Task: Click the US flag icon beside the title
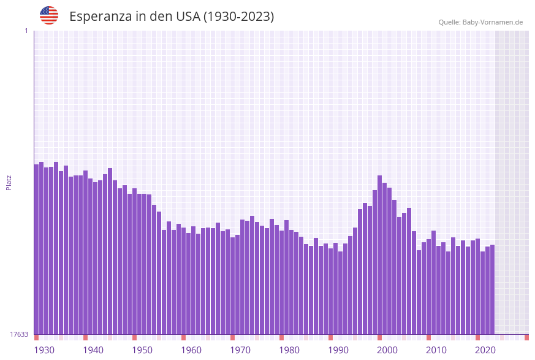[x=49, y=15]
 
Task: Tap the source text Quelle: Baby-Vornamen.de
[x=480, y=22]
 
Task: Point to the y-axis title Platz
[x=9, y=182]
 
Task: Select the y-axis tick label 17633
[x=19, y=334]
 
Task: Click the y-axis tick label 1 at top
[x=26, y=31]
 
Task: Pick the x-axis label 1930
[x=44, y=350]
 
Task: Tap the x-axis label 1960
[x=191, y=350]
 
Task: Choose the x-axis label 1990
[x=338, y=350]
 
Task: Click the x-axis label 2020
[x=485, y=350]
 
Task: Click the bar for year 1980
[x=281, y=282]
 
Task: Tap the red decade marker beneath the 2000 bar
[x=379, y=337]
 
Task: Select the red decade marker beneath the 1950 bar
[x=134, y=337]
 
